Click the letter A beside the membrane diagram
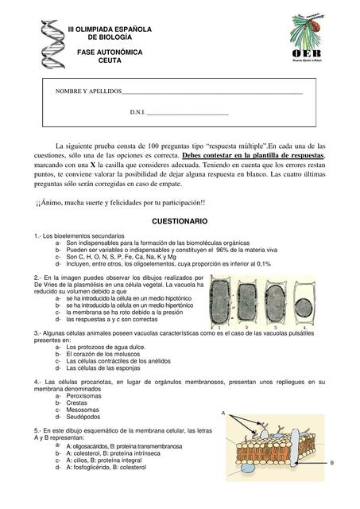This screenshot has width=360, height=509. click(x=223, y=412)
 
